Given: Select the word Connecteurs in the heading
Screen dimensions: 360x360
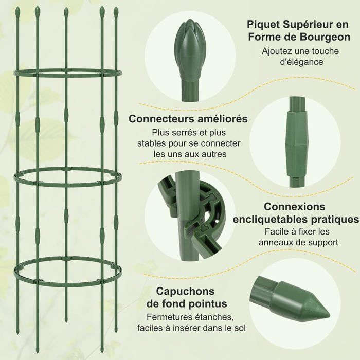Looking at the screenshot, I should [x=161, y=119].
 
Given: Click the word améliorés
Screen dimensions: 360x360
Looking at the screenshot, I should [x=222, y=119].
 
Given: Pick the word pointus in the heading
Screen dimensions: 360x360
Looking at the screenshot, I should [x=207, y=303].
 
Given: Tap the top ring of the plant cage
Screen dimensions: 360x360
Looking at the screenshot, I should [x=67, y=71].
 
